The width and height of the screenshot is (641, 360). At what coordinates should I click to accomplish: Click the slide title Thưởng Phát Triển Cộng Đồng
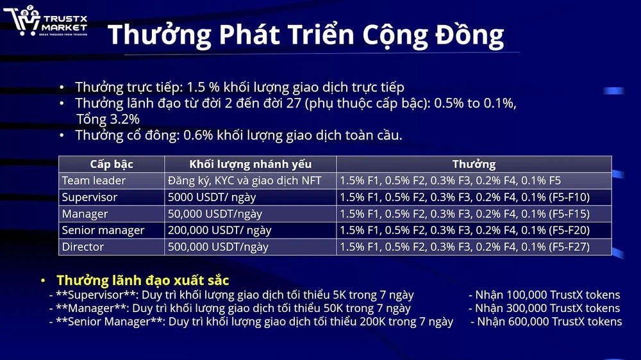click(305, 35)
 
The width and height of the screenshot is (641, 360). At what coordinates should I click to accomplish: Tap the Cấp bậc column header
click(112, 165)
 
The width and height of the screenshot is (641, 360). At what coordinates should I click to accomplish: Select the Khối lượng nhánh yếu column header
click(250, 165)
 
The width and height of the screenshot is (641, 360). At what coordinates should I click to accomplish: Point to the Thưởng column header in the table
click(474, 165)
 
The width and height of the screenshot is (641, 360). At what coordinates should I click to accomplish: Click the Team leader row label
click(94, 181)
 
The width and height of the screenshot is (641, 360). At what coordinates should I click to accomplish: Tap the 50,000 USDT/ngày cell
click(215, 214)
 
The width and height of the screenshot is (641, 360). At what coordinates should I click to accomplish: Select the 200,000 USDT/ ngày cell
click(219, 230)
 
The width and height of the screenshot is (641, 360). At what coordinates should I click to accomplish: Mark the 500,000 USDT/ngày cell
click(218, 247)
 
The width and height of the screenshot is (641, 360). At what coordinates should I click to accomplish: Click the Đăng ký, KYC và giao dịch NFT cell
click(244, 181)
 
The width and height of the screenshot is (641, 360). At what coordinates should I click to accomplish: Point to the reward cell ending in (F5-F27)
click(465, 247)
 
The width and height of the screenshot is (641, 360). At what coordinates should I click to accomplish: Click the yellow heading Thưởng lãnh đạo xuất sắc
click(142, 281)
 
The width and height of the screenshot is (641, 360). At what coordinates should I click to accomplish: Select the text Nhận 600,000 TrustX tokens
click(549, 322)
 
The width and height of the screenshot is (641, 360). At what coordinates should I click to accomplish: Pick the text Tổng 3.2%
click(108, 119)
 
